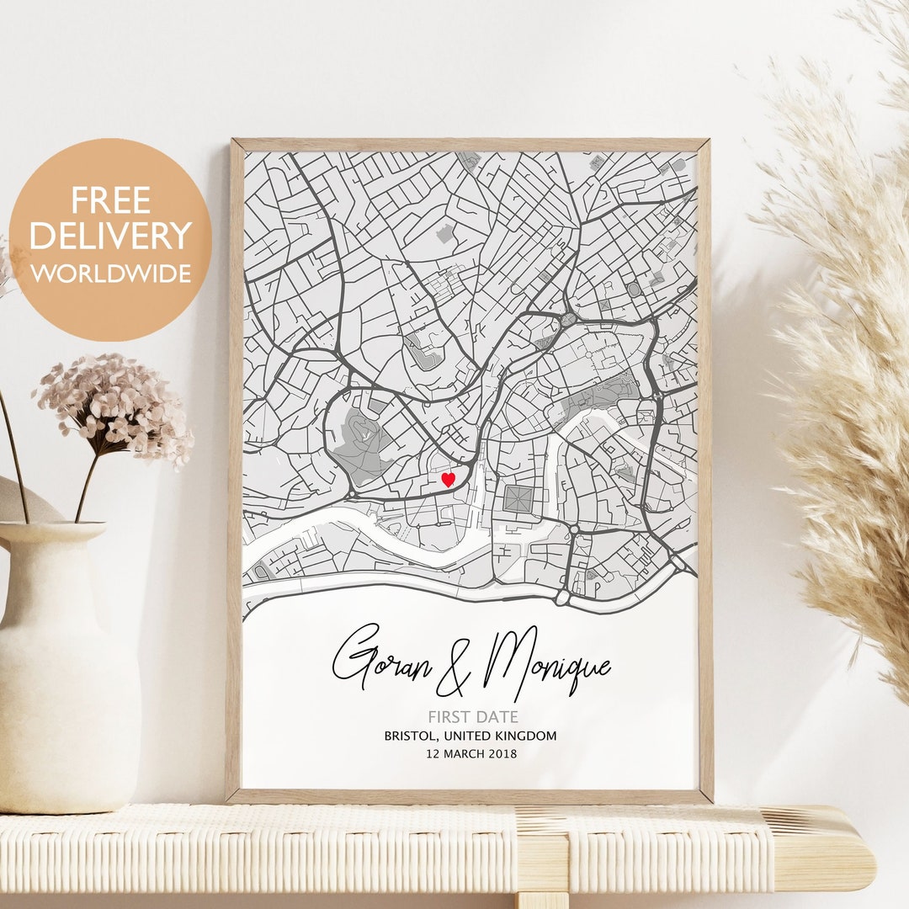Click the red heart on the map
448,479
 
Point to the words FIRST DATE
472,717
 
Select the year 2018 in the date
502,753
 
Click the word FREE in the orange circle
110,200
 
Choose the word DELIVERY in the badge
110,237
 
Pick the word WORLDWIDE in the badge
110,274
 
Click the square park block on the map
518,498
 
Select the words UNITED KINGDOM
510,736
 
